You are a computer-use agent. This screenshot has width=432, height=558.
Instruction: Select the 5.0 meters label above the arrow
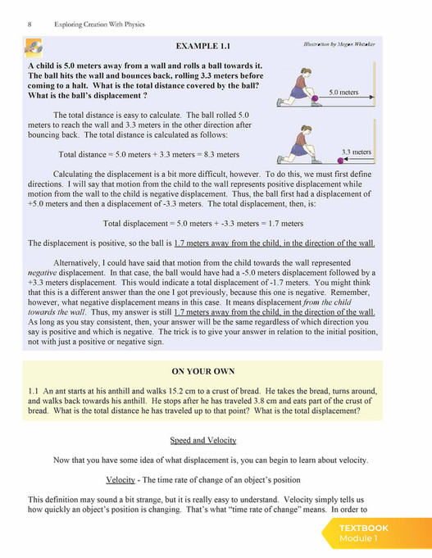click(x=345, y=93)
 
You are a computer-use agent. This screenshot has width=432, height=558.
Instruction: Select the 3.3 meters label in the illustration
click(x=356, y=152)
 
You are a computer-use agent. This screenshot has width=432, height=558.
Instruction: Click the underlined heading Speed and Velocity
click(x=203, y=440)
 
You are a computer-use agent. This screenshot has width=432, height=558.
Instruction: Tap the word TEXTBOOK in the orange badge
click(x=363, y=529)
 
